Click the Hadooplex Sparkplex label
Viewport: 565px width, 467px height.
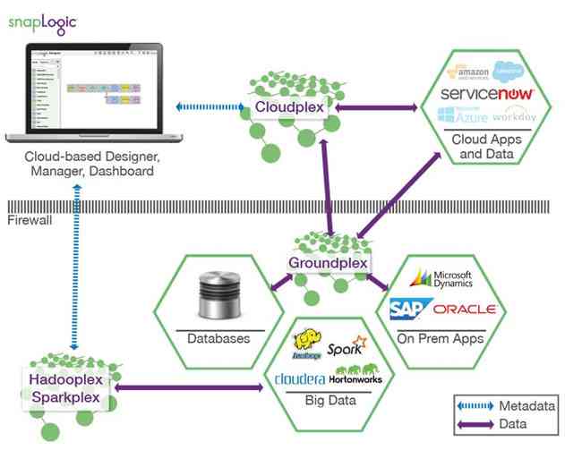[66, 387]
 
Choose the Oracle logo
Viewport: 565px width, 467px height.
[463, 310]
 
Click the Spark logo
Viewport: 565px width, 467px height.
[345, 349]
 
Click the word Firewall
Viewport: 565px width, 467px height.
[25, 219]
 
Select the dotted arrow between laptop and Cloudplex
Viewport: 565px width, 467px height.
[210, 107]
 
